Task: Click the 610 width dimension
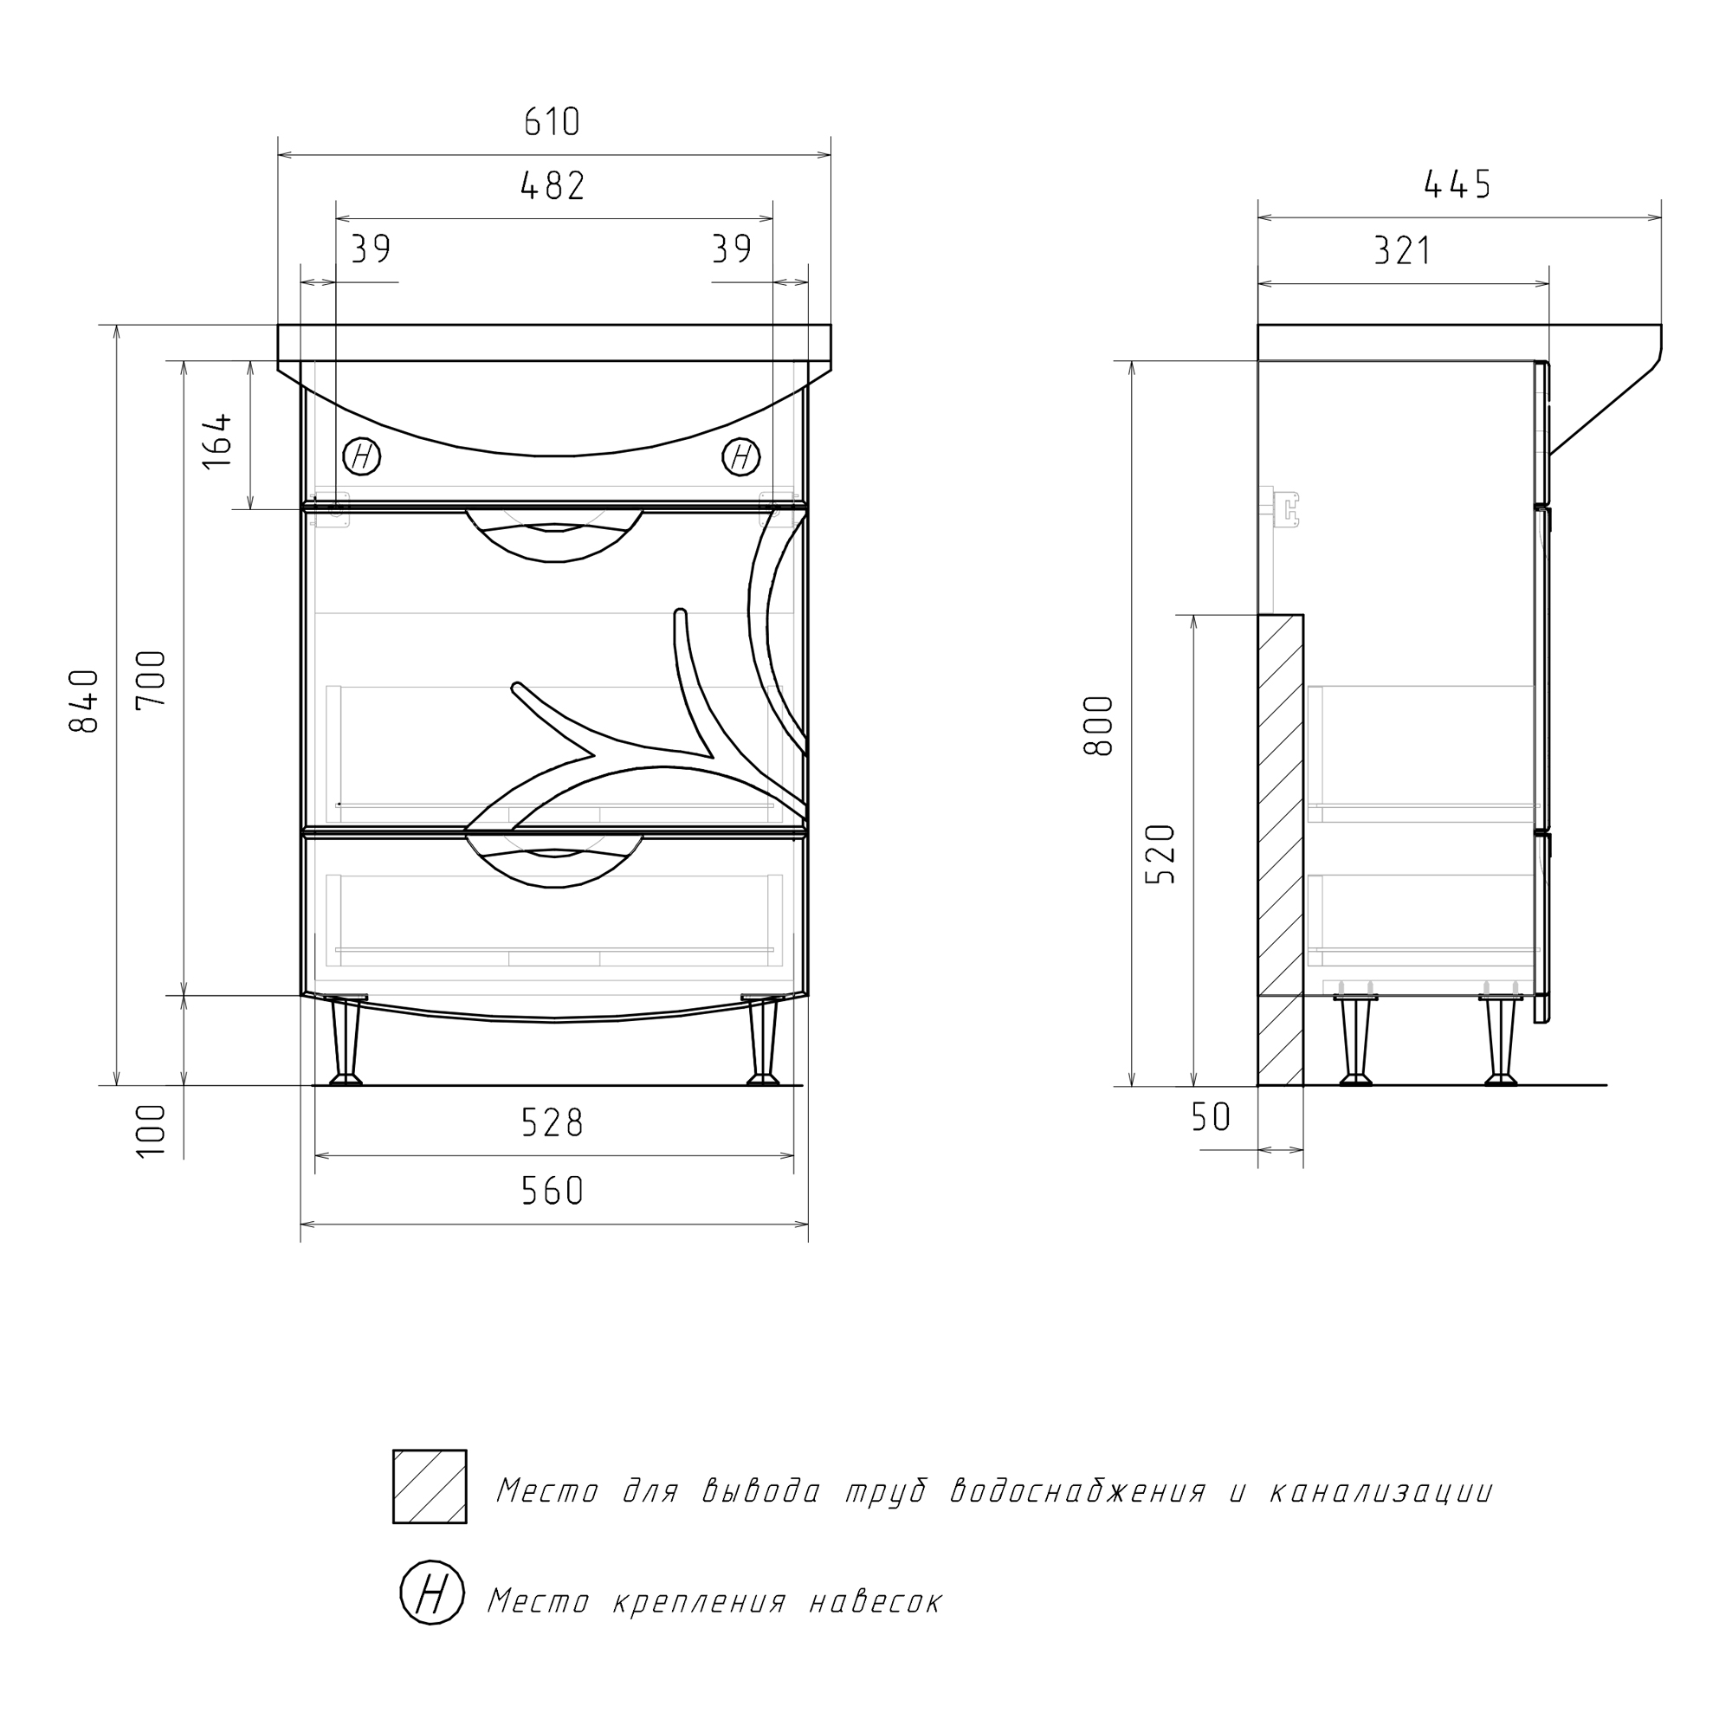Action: tap(553, 122)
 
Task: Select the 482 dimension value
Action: tap(553, 185)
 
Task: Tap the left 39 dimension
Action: tap(371, 249)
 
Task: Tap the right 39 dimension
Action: tap(732, 249)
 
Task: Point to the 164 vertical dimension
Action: tap(217, 440)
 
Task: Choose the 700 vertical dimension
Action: tap(152, 679)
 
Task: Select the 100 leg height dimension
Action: tap(152, 1130)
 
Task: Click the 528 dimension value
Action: tap(553, 1123)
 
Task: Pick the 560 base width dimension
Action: tap(553, 1191)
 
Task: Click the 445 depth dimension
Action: tap(1457, 184)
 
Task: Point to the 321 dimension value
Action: tap(1403, 251)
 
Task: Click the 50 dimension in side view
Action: tap(1211, 1117)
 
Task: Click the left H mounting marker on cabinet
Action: tap(362, 457)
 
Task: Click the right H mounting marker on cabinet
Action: tap(741, 457)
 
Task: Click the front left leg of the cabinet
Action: tap(346, 1041)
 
